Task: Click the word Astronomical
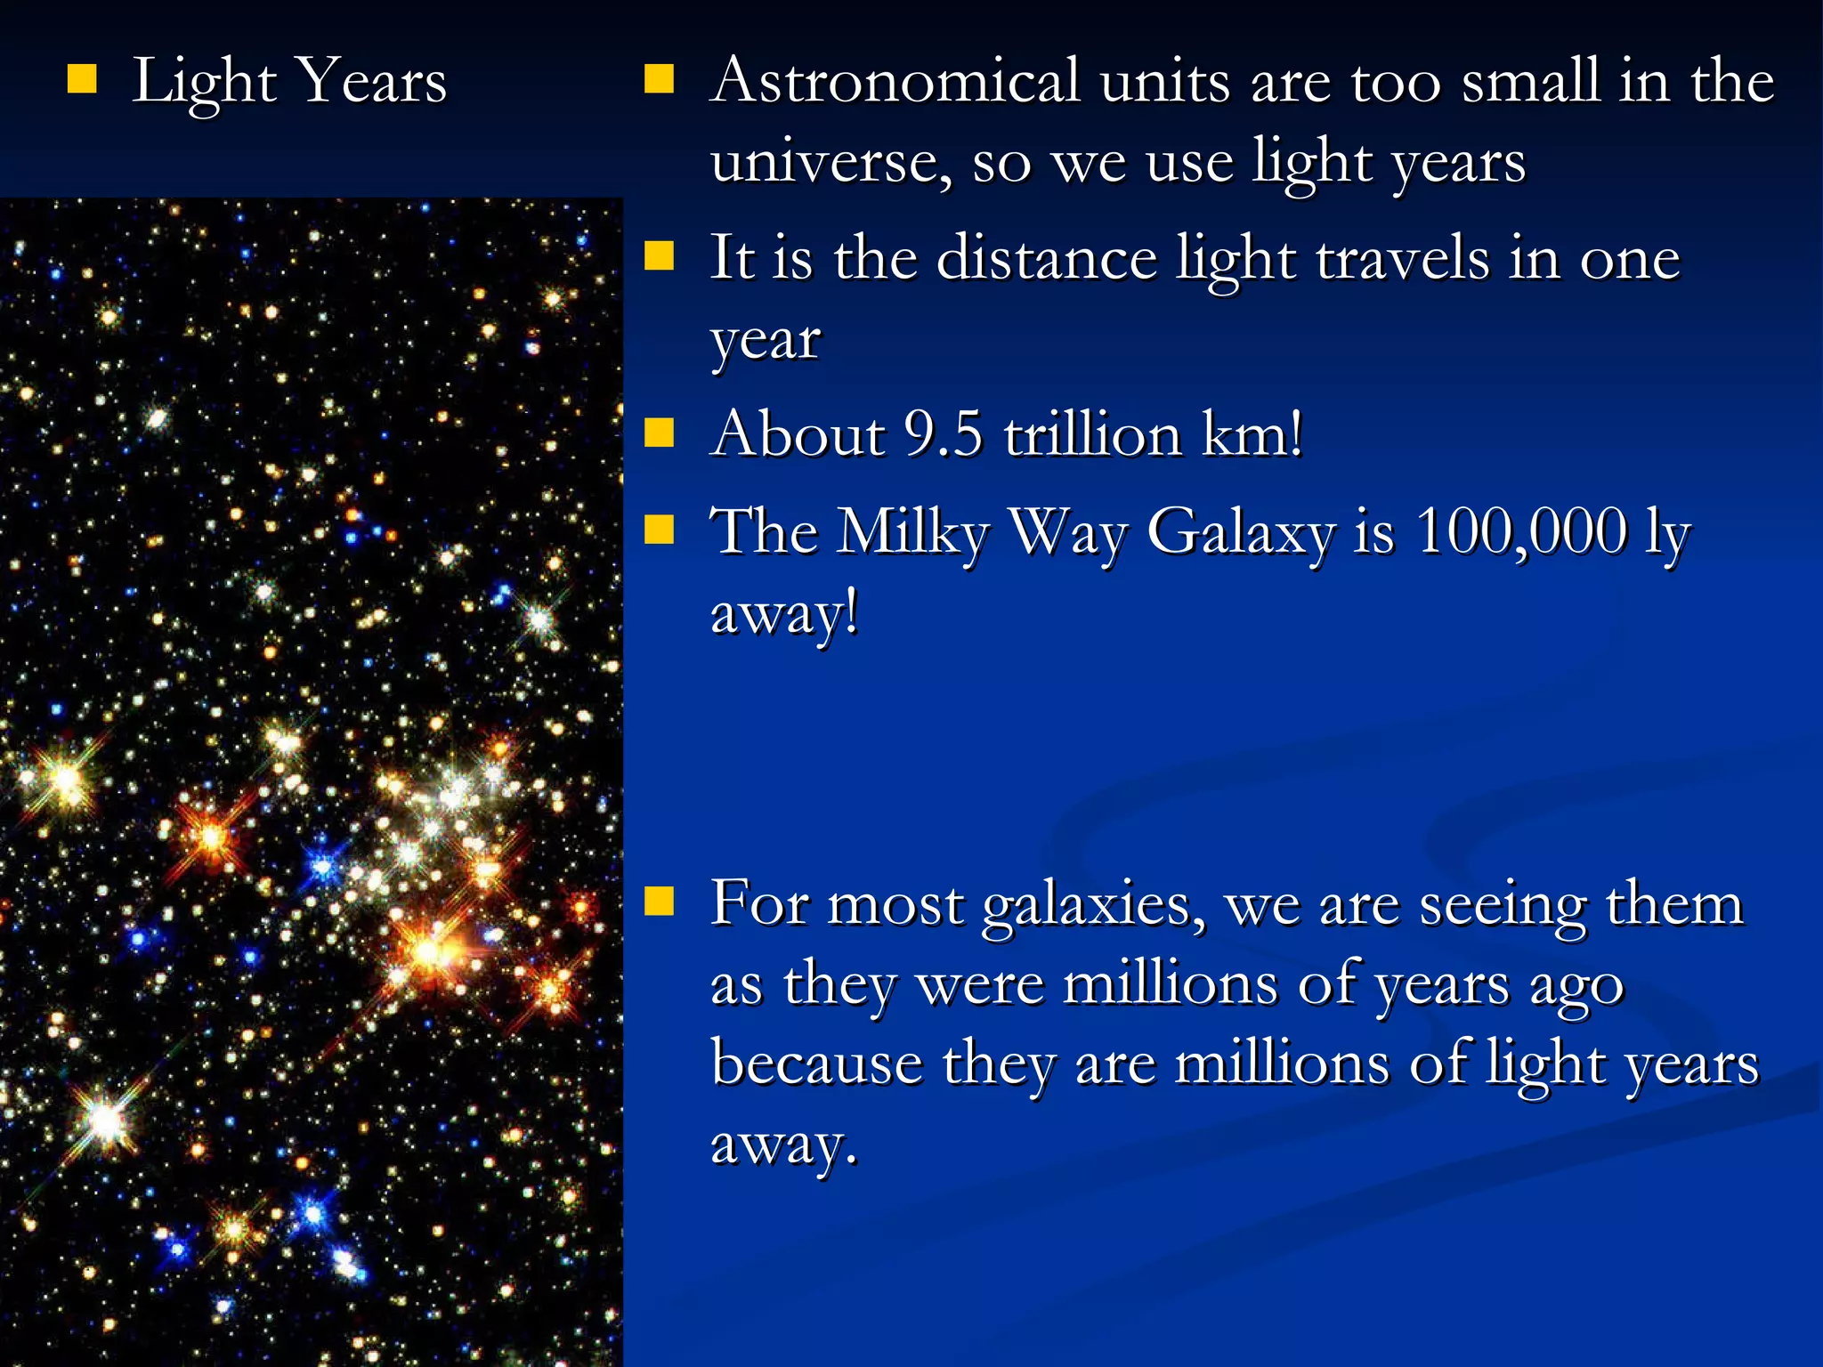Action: (894, 82)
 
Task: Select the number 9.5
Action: (943, 435)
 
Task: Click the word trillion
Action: (1092, 435)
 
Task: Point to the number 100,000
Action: (1521, 532)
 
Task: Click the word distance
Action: (1047, 259)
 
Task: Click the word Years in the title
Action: (371, 82)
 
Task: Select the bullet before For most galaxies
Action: (659, 901)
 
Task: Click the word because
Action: (817, 1064)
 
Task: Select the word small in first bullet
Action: (1531, 82)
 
